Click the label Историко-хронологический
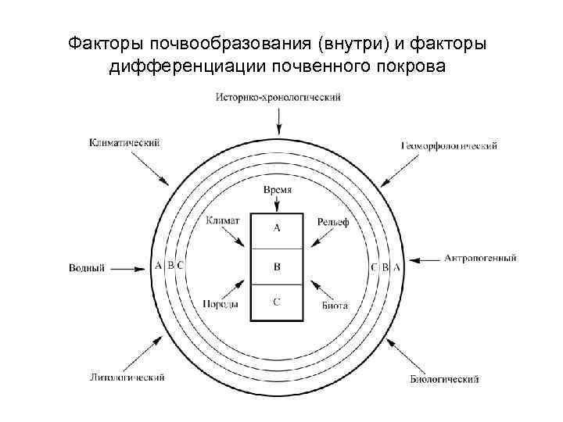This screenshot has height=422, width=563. pyautogui.click(x=278, y=97)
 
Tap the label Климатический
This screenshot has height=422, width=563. pyautogui.click(x=125, y=143)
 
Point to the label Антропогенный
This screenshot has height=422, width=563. pyautogui.click(x=480, y=258)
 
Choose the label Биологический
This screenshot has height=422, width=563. pyautogui.click(x=444, y=380)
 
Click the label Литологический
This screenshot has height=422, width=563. pyautogui.click(x=127, y=378)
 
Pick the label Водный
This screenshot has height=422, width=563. pyautogui.click(x=87, y=268)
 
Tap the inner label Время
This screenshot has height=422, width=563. pyautogui.click(x=278, y=191)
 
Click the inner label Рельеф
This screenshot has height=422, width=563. pyautogui.click(x=333, y=223)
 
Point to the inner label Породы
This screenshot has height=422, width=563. pyautogui.click(x=221, y=304)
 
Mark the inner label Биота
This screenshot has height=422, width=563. pyautogui.click(x=335, y=305)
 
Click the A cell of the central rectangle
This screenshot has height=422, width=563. pyautogui.click(x=277, y=229)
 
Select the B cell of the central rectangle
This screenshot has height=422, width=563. pyautogui.click(x=277, y=267)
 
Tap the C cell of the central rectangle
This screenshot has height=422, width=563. pyautogui.click(x=277, y=302)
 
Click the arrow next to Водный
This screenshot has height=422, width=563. pyautogui.click(x=129, y=267)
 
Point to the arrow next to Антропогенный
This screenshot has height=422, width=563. pyautogui.click(x=426, y=258)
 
